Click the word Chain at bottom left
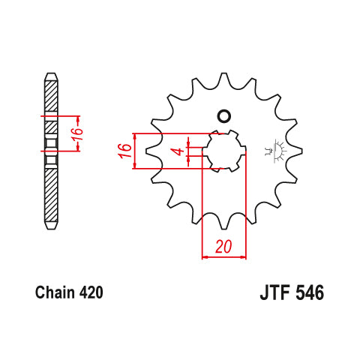point(55,292)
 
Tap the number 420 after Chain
point(91,292)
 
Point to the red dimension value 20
point(223,247)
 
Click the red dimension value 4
point(179,151)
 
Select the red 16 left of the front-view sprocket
point(125,151)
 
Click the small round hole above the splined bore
point(223,116)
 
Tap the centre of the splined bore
point(224,151)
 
